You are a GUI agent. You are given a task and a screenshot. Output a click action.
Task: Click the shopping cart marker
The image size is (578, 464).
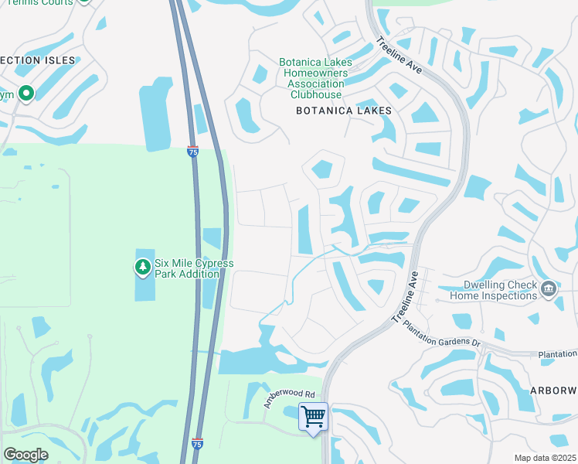(x=313, y=417)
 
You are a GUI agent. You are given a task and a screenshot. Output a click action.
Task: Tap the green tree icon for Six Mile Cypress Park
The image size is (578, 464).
(x=142, y=268)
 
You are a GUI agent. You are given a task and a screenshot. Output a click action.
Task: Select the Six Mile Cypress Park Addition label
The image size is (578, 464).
(x=194, y=268)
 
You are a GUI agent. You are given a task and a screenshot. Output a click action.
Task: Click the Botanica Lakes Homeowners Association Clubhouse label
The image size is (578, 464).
(x=316, y=78)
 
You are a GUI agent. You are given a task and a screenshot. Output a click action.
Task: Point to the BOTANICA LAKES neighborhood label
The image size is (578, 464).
(x=344, y=111)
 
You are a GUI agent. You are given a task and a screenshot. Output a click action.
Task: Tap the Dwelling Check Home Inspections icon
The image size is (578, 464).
(x=549, y=289)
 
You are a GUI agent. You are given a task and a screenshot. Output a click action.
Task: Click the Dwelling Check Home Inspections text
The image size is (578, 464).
(x=494, y=290)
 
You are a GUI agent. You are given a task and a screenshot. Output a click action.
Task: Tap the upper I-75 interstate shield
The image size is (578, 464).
(x=192, y=152)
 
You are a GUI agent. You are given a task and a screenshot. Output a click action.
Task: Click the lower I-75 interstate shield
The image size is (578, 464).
(x=197, y=444)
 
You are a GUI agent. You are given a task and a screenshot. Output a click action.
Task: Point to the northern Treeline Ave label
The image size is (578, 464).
(x=399, y=55)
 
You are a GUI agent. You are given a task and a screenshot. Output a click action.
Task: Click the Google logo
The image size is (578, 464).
(x=25, y=454)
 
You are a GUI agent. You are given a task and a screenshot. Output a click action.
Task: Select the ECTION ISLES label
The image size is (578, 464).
(x=38, y=60)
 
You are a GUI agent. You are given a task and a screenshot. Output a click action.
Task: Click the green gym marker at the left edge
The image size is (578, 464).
(x=26, y=94)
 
